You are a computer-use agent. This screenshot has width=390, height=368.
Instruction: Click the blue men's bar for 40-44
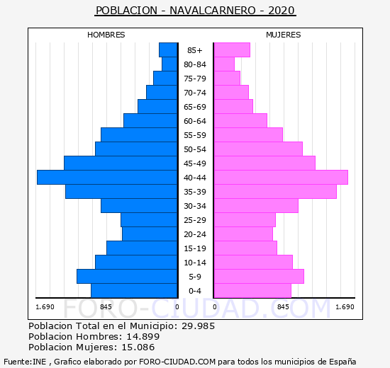pyautogui.click(x=107, y=178)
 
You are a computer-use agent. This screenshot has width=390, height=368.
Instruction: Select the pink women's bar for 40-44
pyautogui.click(x=281, y=178)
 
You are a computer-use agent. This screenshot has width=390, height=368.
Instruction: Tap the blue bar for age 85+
pyautogui.click(x=168, y=50)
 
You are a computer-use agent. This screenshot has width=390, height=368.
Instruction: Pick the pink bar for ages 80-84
pyautogui.click(x=224, y=64)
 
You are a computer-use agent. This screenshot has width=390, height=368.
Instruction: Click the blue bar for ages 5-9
pyautogui.click(x=127, y=277)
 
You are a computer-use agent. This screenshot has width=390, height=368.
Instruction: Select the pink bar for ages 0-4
pyautogui.click(x=252, y=291)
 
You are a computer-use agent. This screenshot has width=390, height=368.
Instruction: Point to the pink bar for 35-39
pyautogui.click(x=275, y=192)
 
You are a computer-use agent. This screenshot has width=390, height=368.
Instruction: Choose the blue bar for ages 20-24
pyautogui.click(x=150, y=234)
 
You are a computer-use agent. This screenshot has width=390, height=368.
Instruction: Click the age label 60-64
pyautogui.click(x=195, y=121)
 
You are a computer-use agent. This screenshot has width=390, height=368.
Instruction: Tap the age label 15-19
pyautogui.click(x=195, y=248)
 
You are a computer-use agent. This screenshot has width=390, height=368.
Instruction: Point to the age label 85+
pyautogui.click(x=195, y=50)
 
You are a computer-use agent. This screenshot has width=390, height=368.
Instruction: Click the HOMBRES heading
pyautogui.click(x=106, y=35)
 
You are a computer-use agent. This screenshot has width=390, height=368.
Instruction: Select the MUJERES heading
pyautogui.click(x=284, y=35)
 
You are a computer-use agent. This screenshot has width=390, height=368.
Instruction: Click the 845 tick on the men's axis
pyautogui.click(x=106, y=307)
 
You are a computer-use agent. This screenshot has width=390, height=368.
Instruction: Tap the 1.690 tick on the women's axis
pyautogui.click(x=345, y=307)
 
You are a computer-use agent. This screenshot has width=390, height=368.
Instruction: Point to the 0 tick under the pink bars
pyautogui.click(x=215, y=307)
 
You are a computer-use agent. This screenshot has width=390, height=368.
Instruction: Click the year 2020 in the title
pyautogui.click(x=282, y=11)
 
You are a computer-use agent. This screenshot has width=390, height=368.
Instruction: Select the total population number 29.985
pyautogui.click(x=198, y=326)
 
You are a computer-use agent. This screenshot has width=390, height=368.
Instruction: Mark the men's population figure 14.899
pyautogui.click(x=143, y=336)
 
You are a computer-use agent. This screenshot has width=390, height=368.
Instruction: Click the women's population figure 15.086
pyautogui.click(x=138, y=347)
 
